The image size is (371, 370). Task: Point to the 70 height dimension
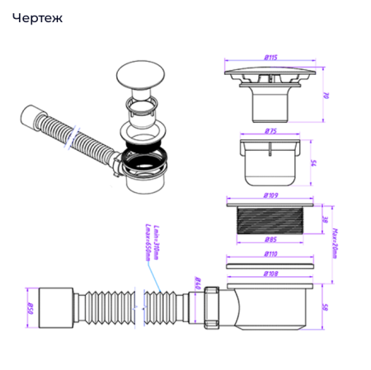[327, 95]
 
